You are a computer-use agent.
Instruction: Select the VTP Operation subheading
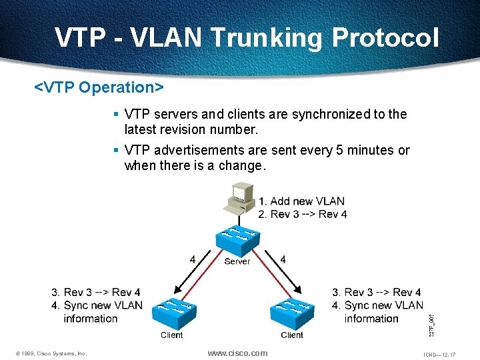pyautogui.click(x=99, y=87)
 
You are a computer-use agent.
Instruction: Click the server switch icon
pyautogui.click(x=237, y=241)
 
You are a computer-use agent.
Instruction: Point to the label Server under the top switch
pyautogui.click(x=237, y=261)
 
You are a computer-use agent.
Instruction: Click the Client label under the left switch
pyautogui.click(x=171, y=335)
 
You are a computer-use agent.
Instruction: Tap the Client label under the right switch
pyautogui.click(x=291, y=335)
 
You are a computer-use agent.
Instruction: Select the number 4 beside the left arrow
pyautogui.click(x=193, y=259)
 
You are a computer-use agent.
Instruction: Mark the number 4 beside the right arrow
pyautogui.click(x=283, y=259)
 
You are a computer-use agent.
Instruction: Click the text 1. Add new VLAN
pyautogui.click(x=301, y=201)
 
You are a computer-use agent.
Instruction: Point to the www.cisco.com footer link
pyautogui.click(x=237, y=353)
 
